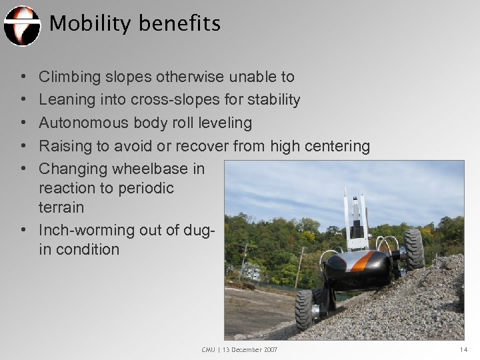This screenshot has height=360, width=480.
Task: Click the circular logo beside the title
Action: [22, 25]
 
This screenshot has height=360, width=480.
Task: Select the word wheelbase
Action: [140, 169]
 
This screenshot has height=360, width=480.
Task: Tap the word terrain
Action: [61, 207]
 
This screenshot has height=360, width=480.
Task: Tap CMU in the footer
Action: [209, 350]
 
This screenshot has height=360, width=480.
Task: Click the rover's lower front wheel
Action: [305, 310]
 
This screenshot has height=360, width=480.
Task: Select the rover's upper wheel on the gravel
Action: [413, 248]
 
